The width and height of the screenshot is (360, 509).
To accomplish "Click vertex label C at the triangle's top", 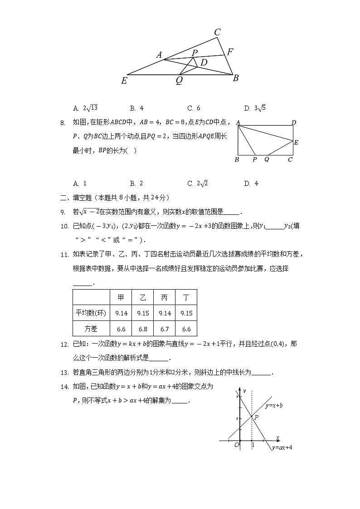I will (x=218, y=32).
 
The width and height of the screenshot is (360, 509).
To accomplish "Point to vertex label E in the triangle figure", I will (x=124, y=81).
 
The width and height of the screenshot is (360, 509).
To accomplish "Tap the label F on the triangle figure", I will (x=230, y=52).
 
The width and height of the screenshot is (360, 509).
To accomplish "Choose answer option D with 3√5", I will (x=255, y=108).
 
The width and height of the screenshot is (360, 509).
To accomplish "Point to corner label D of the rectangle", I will (x=294, y=122).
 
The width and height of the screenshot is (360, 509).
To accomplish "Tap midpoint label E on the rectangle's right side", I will (x=296, y=142).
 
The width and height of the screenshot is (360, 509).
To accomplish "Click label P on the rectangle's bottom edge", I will (x=254, y=160).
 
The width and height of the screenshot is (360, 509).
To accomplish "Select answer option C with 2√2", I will (x=198, y=184).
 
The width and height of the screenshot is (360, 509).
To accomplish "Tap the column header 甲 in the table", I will (x=121, y=297).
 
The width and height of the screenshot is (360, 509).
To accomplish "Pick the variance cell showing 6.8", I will (x=143, y=329).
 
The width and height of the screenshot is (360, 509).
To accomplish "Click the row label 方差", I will (x=91, y=329).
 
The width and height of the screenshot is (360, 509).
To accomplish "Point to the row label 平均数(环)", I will (x=91, y=313).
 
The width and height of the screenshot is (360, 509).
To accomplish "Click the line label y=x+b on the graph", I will (x=274, y=405).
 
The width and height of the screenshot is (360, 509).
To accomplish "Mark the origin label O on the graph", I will (x=236, y=445).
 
